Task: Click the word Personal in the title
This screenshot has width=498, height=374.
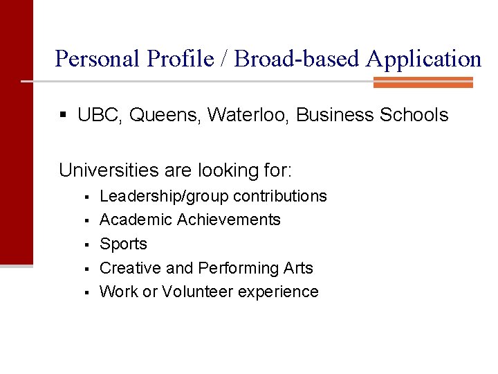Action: [x=98, y=59]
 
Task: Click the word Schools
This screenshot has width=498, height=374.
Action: [x=414, y=115]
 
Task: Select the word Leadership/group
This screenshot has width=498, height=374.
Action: [x=164, y=197]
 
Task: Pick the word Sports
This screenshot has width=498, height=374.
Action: [x=124, y=244]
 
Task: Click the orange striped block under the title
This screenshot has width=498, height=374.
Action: [x=423, y=82]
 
